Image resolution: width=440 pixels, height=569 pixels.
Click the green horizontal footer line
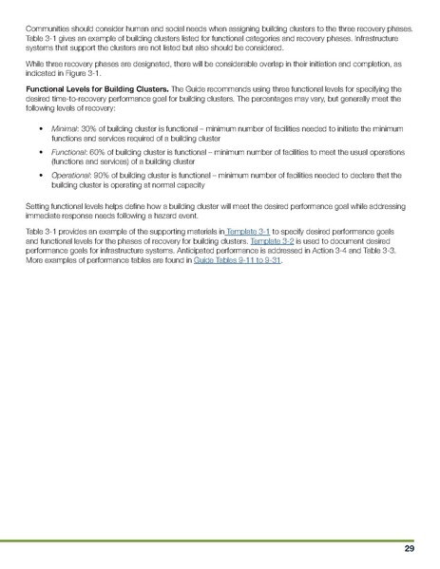click(x=220, y=540)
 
